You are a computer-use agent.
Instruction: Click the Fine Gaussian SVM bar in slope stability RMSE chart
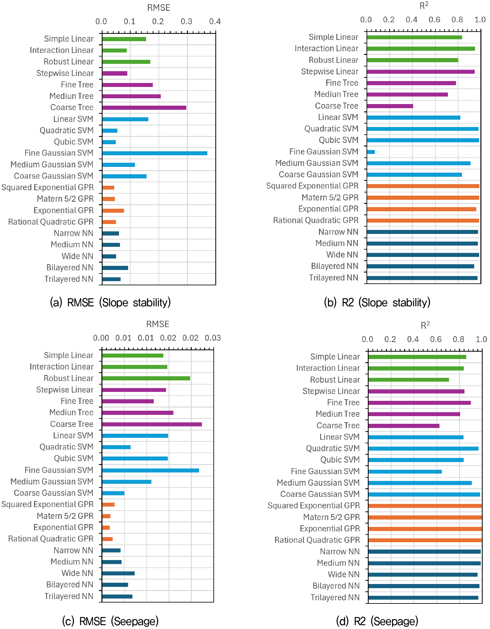(155, 153)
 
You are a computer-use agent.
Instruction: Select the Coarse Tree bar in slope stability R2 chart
(390, 106)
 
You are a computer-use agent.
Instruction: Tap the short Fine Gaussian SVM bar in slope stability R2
(371, 152)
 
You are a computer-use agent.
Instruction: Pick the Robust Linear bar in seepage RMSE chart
(146, 378)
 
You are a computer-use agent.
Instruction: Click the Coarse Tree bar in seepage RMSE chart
(152, 424)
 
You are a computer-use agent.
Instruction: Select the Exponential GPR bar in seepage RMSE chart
(106, 528)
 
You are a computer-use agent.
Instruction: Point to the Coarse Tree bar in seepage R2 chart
(404, 426)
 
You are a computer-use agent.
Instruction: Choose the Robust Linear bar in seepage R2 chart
(409, 380)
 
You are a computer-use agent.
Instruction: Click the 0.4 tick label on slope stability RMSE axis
(215, 21)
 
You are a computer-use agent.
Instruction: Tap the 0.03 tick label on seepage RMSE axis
(213, 338)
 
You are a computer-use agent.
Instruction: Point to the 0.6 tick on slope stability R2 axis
(434, 19)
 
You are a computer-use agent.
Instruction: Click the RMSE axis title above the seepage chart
(158, 324)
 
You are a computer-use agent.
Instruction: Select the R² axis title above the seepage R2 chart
(425, 325)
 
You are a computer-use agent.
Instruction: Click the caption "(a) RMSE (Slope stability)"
(110, 302)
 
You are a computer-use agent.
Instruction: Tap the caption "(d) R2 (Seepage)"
(377, 621)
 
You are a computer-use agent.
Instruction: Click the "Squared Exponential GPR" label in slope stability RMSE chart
(48, 187)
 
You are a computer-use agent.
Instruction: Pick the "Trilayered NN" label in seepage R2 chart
(335, 597)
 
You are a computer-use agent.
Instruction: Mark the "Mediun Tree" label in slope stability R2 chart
(336, 94)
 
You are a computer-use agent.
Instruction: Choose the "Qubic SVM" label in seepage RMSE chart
(74, 458)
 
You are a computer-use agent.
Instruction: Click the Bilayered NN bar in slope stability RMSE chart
(115, 268)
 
